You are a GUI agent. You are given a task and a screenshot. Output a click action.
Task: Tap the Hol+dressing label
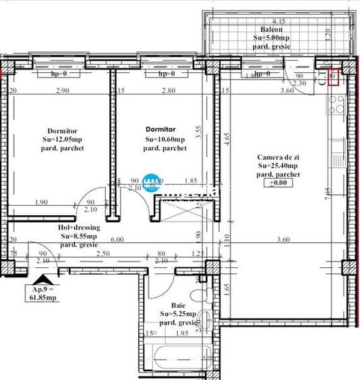coord(78,227)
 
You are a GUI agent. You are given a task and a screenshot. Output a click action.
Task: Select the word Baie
coord(177,304)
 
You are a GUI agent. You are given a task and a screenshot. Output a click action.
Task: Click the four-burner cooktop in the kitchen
coord(336,105)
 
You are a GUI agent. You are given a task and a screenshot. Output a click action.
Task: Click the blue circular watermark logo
coord(153,182)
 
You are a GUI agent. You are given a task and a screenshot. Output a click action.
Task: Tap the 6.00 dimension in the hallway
coord(117,239)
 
